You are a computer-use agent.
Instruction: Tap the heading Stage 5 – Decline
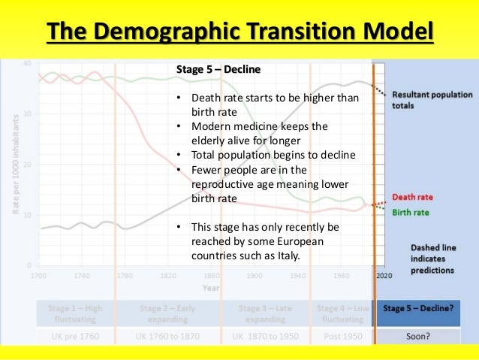(x=218, y=70)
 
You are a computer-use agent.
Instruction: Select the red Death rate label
(x=412, y=198)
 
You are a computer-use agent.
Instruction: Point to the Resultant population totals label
(x=432, y=100)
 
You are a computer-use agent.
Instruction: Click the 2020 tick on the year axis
(x=383, y=276)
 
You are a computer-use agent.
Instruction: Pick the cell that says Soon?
(x=417, y=336)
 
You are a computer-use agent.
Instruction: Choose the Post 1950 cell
(x=342, y=336)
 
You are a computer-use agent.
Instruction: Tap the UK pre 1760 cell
(x=73, y=336)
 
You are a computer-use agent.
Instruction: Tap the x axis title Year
(x=211, y=286)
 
